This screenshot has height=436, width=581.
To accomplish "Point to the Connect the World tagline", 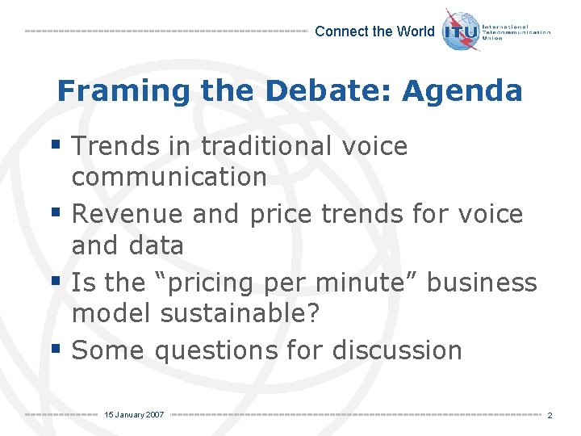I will click(x=374, y=31).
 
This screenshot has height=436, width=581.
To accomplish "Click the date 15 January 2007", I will click(x=134, y=414).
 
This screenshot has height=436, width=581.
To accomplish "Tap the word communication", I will click(x=169, y=176).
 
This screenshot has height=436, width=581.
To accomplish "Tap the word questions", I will click(x=215, y=350).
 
